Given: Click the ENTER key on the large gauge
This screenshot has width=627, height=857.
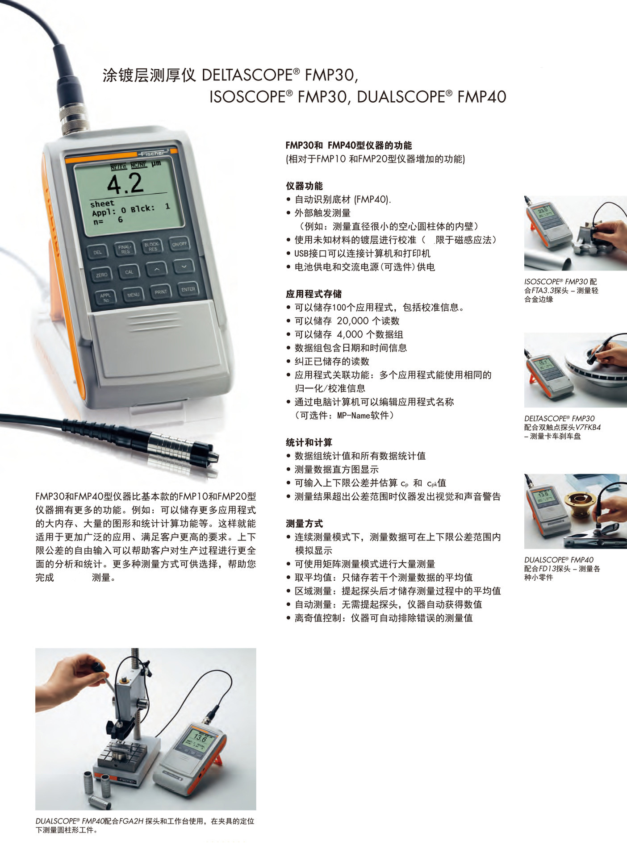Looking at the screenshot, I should coord(188,289).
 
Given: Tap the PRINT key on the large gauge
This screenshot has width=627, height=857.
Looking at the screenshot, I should coord(161,292).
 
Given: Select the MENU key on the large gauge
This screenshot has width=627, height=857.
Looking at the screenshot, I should coord(133,295).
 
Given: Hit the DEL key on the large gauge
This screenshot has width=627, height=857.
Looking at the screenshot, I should coord(98,253).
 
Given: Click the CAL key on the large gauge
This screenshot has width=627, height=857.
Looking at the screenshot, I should coord(129,272).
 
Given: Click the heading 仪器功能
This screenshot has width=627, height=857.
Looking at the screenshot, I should coord(304,186).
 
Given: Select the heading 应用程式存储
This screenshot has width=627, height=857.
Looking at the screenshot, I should coord(313,294).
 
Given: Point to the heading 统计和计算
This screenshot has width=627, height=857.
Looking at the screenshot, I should coord(309,443).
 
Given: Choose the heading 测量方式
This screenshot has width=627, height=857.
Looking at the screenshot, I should coord(304,524).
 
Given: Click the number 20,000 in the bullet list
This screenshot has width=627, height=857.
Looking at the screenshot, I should coord(352,321).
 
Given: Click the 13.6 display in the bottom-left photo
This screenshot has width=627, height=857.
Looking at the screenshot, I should coord(200,738).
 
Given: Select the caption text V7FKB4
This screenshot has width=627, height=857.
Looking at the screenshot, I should coord(588,428).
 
